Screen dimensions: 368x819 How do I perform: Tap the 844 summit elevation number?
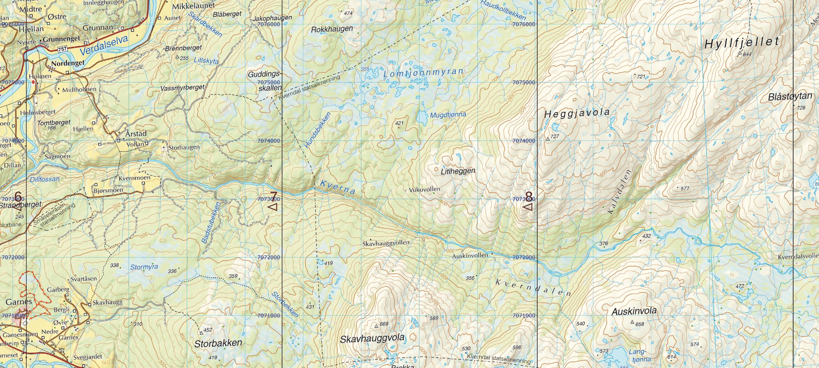coord(747,54)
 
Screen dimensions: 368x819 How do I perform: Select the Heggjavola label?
coord(577,113)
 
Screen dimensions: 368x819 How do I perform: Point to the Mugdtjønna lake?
coord(421,118)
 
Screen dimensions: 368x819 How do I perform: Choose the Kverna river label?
coord(337,187)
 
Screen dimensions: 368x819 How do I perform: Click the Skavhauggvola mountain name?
coord(372,339)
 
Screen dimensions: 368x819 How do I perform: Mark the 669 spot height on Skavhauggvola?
coord(384,324)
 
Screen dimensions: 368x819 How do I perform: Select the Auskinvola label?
coord(634,312)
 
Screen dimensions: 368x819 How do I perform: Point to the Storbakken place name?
coord(218,343)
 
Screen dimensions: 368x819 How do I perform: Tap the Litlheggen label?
coord(458,171)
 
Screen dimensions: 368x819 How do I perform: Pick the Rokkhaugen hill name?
coord(332,29)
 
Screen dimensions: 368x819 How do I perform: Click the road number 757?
coord(62,49)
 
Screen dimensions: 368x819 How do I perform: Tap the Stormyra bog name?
coord(144,267)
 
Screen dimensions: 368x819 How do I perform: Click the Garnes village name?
coord(19,302)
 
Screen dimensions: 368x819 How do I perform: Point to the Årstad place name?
coord(136,133)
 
